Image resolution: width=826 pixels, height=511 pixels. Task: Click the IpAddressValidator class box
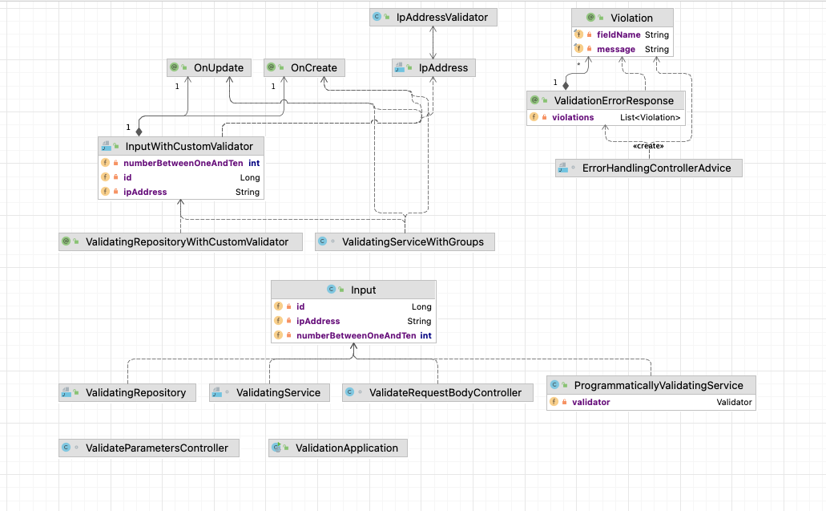pyautogui.click(x=433, y=17)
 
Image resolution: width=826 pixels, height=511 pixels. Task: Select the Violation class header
pyautogui.click(x=622, y=18)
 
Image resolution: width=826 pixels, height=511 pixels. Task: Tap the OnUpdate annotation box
pyautogui.click(x=209, y=68)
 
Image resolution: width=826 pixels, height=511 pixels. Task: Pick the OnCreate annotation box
pyautogui.click(x=304, y=68)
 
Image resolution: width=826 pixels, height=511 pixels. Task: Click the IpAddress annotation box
pyautogui.click(x=433, y=68)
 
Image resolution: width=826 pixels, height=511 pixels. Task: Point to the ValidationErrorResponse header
pyautogui.click(x=606, y=100)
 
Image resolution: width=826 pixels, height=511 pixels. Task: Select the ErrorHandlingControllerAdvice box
pyautogui.click(x=648, y=168)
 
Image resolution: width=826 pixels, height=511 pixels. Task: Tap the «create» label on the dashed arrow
pyautogui.click(x=648, y=146)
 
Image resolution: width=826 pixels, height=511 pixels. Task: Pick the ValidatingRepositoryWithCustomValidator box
pyautogui.click(x=180, y=241)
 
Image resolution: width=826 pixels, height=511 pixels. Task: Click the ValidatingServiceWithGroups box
pyautogui.click(x=404, y=241)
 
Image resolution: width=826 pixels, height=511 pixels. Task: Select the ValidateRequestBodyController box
pyautogui.click(x=437, y=392)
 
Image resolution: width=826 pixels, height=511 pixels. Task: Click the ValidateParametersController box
pyautogui.click(x=149, y=448)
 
